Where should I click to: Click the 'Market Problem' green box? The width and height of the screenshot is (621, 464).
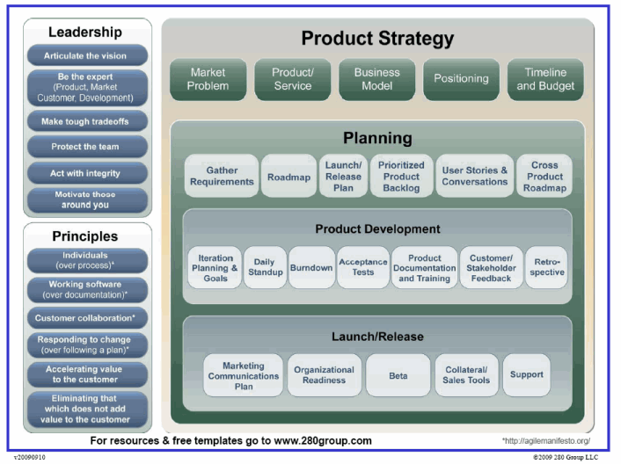(208, 79)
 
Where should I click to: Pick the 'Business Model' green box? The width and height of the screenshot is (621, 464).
(377, 79)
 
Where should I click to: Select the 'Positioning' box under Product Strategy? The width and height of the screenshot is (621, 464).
(461, 79)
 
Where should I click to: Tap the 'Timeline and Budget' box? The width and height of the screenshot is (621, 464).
(545, 79)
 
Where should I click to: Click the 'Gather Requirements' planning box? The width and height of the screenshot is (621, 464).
(222, 176)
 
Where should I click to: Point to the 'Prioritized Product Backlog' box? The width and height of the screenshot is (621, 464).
(401, 176)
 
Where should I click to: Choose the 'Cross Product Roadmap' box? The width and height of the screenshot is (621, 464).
(544, 176)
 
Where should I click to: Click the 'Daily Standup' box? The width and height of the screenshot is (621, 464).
(265, 267)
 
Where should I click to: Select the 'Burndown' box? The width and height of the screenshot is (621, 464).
(311, 267)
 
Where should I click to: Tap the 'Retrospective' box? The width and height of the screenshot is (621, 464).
(546, 267)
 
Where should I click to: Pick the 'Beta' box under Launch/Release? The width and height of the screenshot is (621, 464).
(398, 375)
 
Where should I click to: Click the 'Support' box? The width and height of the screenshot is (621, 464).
(526, 375)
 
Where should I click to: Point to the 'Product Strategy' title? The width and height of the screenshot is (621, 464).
(377, 39)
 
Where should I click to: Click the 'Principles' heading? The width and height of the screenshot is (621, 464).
(85, 236)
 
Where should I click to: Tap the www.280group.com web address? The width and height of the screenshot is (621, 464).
(323, 440)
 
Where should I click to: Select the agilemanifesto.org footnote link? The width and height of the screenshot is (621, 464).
(546, 440)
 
